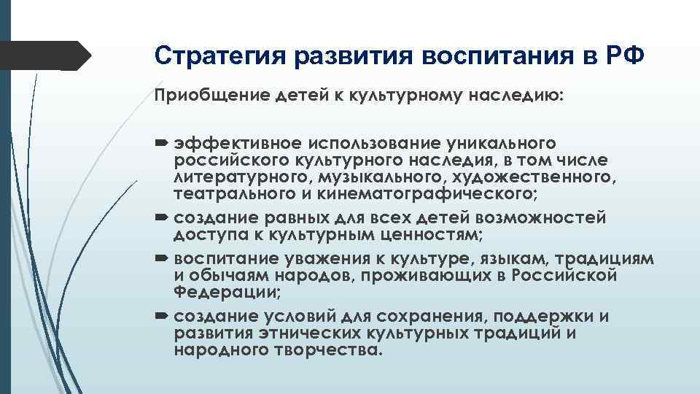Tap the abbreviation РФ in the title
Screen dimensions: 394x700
[x=625, y=55]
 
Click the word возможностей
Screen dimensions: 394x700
[x=548, y=218]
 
